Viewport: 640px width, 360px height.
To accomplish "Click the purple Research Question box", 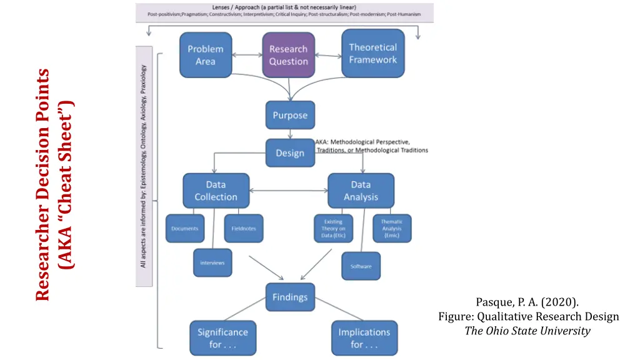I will pyautogui.click(x=288, y=55).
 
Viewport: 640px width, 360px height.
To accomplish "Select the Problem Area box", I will pyautogui.click(x=205, y=55).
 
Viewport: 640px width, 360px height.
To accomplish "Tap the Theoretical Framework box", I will pyautogui.click(x=372, y=54).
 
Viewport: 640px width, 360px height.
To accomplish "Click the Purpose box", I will pyautogui.click(x=290, y=116).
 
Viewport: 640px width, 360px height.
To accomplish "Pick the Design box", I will pyautogui.click(x=290, y=153).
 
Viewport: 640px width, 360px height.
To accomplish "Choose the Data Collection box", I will pyautogui.click(x=216, y=191).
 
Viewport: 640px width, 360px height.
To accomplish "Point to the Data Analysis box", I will pyautogui.click(x=361, y=191).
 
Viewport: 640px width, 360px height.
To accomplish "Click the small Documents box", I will pyautogui.click(x=185, y=229).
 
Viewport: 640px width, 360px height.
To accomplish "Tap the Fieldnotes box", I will pyautogui.click(x=243, y=229).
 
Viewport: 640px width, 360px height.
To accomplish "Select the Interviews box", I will pyautogui.click(x=212, y=263).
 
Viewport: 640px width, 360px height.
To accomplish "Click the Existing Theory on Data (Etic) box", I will pyautogui.click(x=333, y=229).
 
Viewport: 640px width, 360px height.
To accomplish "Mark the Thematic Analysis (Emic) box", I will pyautogui.click(x=392, y=229).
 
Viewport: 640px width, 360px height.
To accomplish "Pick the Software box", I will pyautogui.click(x=361, y=266).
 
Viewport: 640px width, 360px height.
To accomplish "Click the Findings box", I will pyautogui.click(x=290, y=297).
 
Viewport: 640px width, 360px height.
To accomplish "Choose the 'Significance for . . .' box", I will pyautogui.click(x=222, y=338).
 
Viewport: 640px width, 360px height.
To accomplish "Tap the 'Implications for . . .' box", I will pyautogui.click(x=364, y=338).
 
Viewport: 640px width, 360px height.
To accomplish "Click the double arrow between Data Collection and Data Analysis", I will pyautogui.click(x=288, y=190).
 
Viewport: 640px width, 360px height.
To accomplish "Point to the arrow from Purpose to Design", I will pyautogui.click(x=290, y=134).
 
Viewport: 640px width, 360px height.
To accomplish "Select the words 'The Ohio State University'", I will pyautogui.click(x=527, y=331).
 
